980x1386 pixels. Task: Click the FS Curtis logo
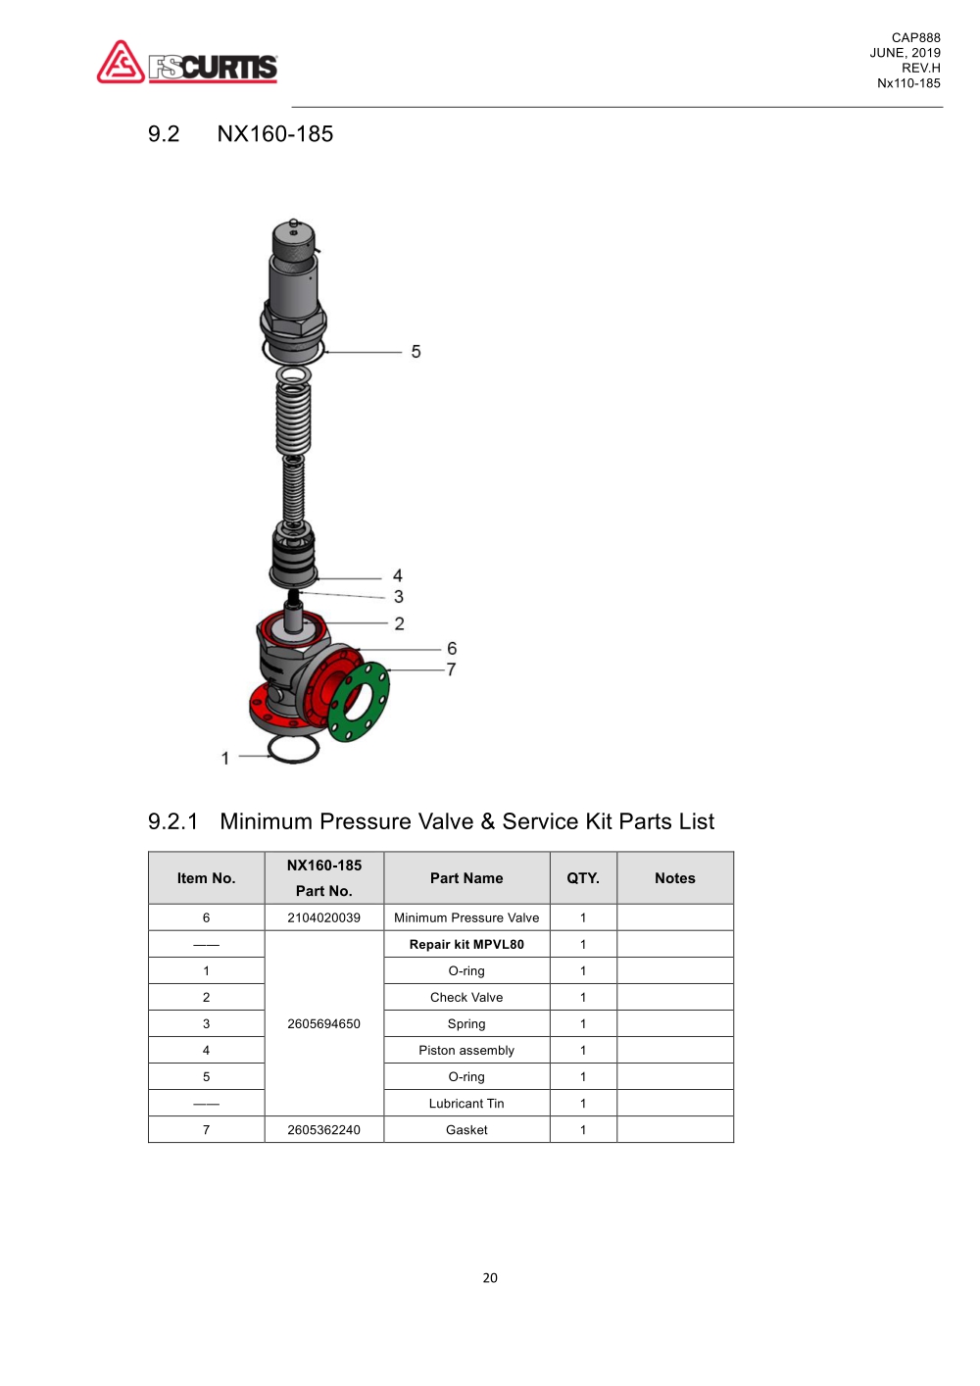pyautogui.click(x=187, y=63)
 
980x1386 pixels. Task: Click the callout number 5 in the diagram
pyautogui.click(x=416, y=352)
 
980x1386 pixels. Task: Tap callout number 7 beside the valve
pyautogui.click(x=451, y=669)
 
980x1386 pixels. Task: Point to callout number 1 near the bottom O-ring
pyautogui.click(x=225, y=758)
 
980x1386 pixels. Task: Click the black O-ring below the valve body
pyautogui.click(x=293, y=750)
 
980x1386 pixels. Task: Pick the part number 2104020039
pyautogui.click(x=323, y=917)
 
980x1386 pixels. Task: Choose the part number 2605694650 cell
pyautogui.click(x=323, y=1023)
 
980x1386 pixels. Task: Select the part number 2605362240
pyautogui.click(x=323, y=1129)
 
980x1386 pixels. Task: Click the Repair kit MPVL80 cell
pyautogui.click(x=466, y=944)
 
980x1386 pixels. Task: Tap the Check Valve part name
pyautogui.click(x=466, y=997)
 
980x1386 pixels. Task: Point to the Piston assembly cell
pyautogui.click(x=466, y=1050)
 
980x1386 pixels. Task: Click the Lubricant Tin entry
pyautogui.click(x=466, y=1103)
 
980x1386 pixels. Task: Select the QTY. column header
pyautogui.click(x=583, y=878)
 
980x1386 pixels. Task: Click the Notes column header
pyautogui.click(x=675, y=878)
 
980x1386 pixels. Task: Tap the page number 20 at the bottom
pyautogui.click(x=490, y=1277)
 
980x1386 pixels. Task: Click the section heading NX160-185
pyautogui.click(x=274, y=134)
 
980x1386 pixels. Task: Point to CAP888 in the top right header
pyautogui.click(x=915, y=38)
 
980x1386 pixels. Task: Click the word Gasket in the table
pyautogui.click(x=466, y=1129)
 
